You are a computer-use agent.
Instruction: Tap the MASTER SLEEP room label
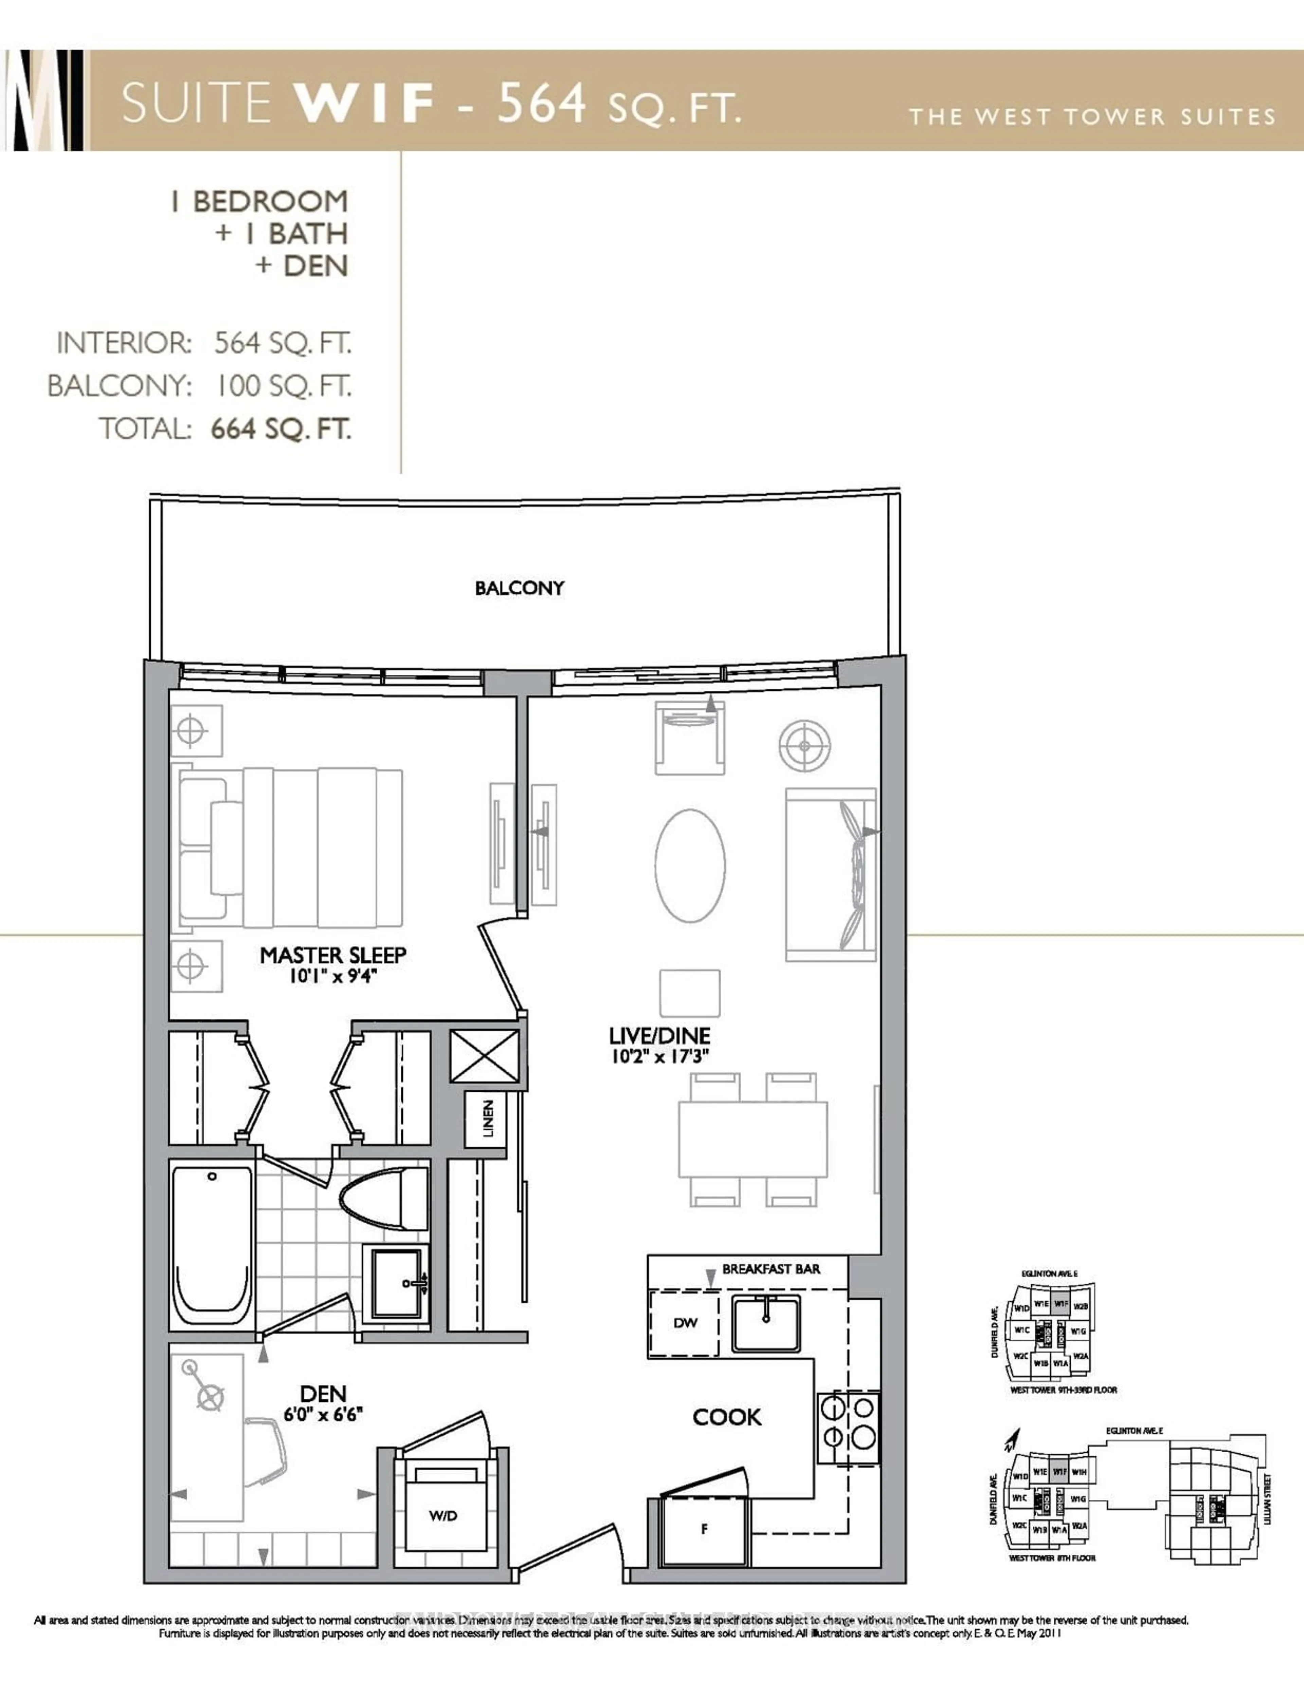coord(332,955)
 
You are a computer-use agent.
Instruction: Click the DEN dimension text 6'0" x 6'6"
coord(323,1414)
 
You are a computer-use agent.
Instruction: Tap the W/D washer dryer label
coord(443,1515)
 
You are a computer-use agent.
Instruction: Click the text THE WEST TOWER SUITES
coord(1091,117)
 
